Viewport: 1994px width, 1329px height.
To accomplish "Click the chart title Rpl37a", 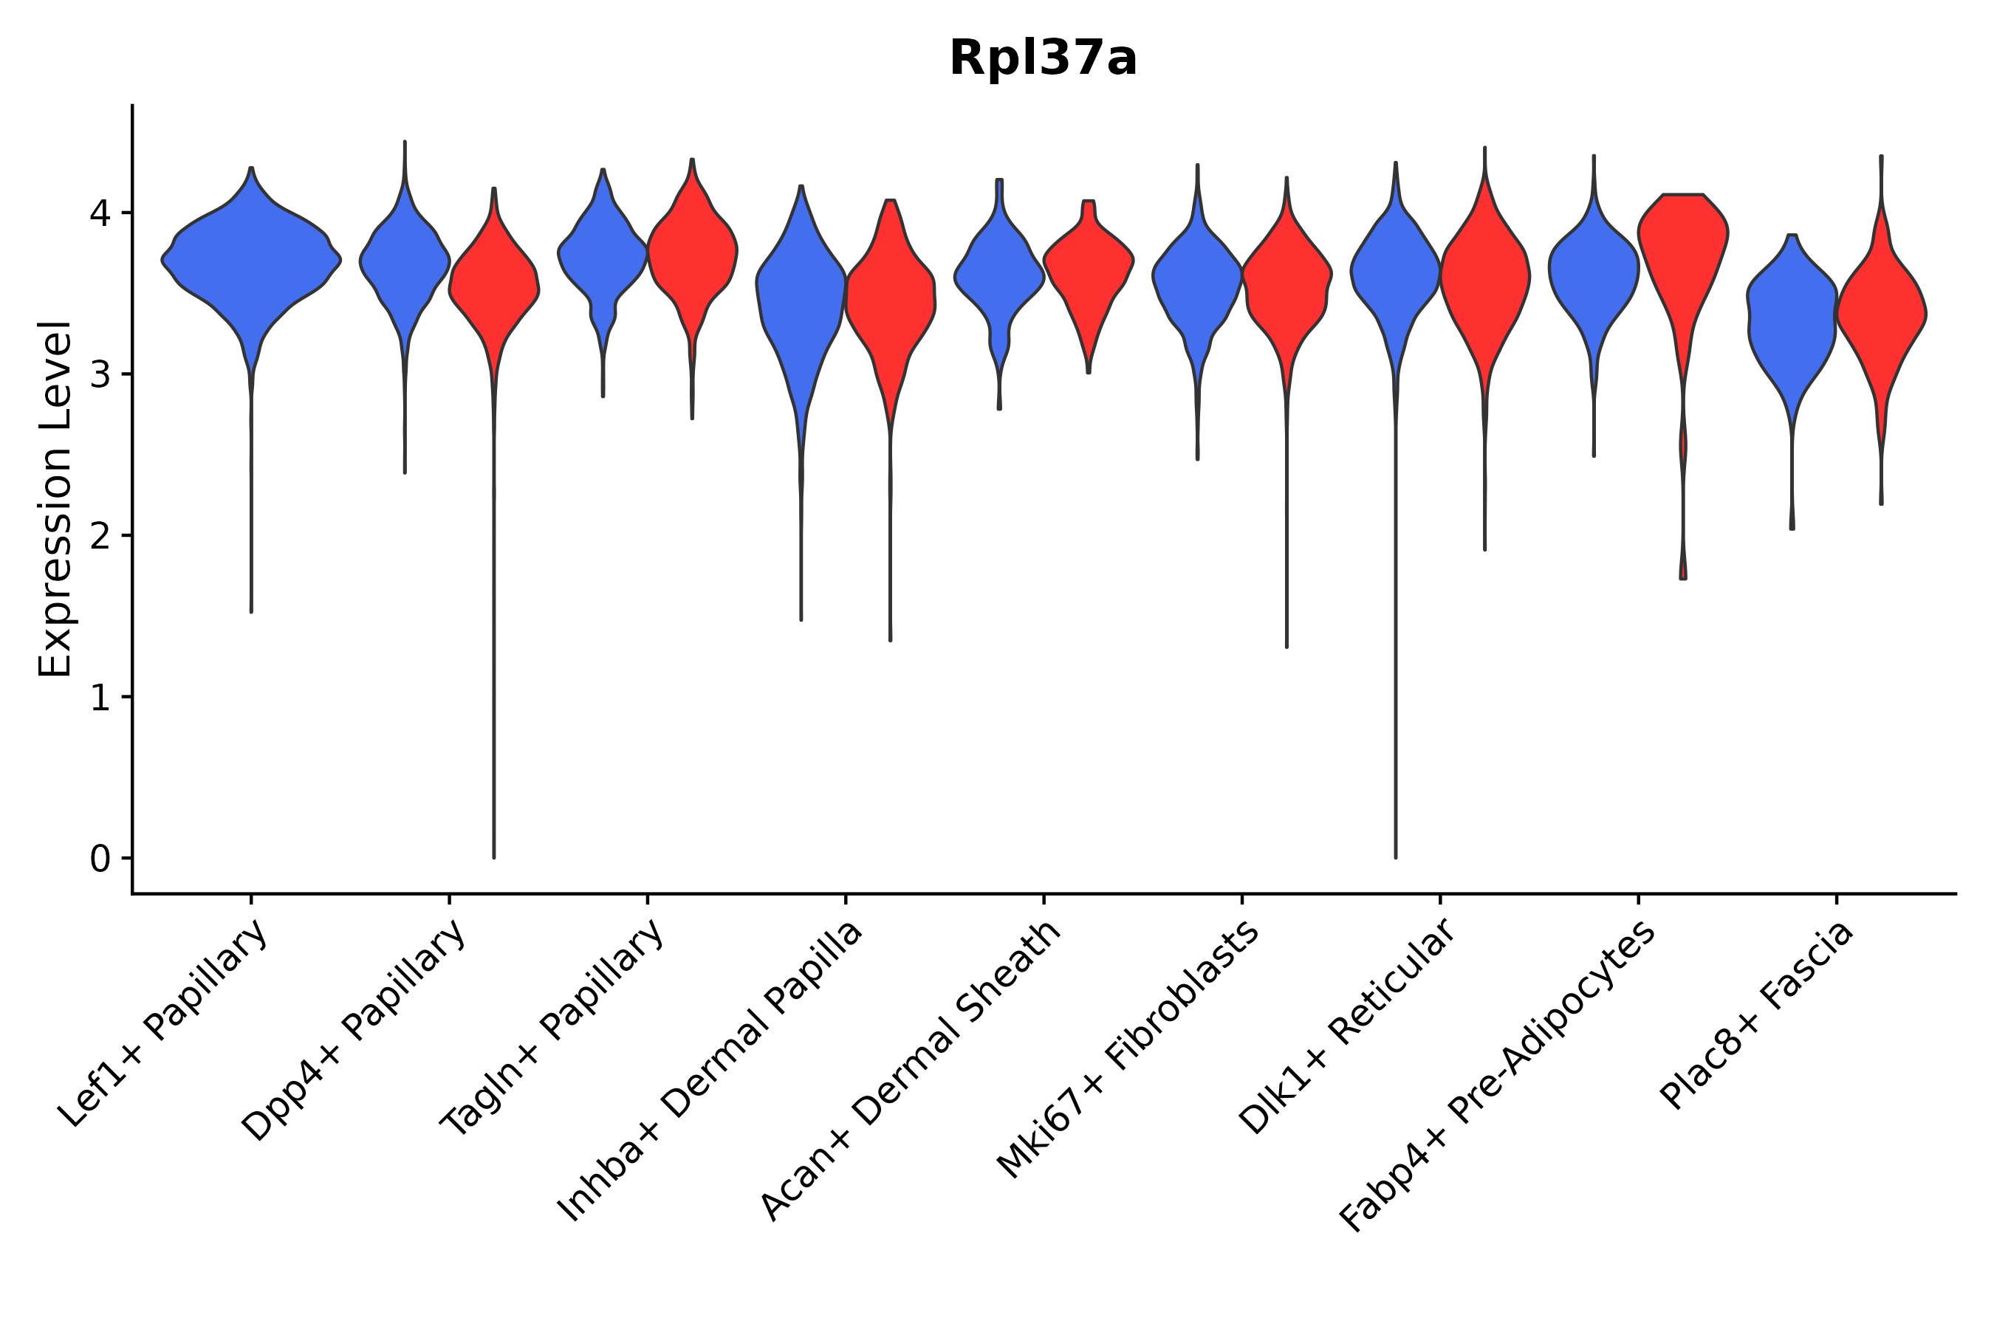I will pos(1042,58).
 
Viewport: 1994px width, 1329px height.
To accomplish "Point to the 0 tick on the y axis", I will pos(100,859).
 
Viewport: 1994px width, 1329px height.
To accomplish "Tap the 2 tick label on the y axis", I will pos(100,537).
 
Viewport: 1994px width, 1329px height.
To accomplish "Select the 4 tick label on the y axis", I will pos(100,213).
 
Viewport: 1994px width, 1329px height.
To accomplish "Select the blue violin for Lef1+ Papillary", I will pos(251,263).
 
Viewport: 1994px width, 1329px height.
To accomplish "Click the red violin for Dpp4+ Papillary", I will pos(494,288).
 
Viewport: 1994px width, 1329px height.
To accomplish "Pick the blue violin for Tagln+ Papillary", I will pos(603,254).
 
